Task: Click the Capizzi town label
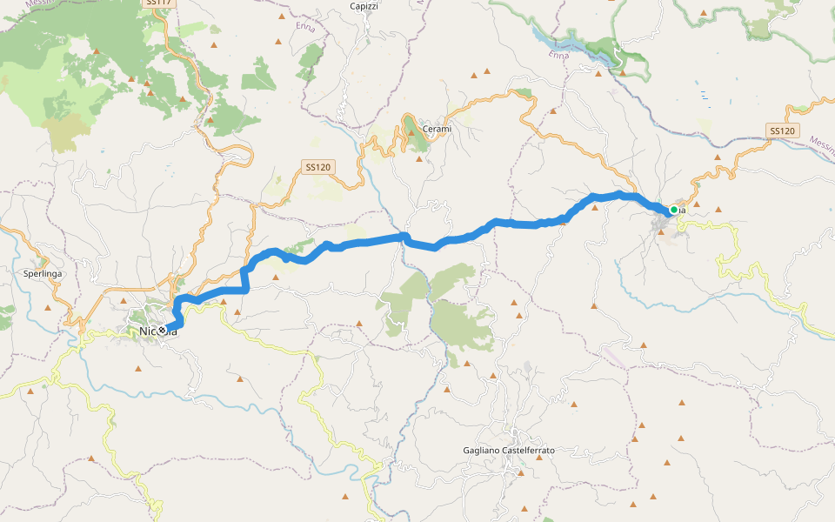click(364, 6)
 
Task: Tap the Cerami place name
click(437, 130)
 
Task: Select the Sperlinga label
click(42, 273)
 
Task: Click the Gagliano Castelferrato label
click(509, 451)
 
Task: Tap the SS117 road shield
click(159, 3)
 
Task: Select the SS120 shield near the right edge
click(782, 130)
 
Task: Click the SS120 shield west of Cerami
click(319, 166)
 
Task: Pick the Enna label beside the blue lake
click(559, 55)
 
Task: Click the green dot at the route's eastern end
click(673, 210)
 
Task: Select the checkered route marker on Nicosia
click(163, 331)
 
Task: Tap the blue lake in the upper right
click(574, 43)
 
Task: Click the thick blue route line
click(365, 241)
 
